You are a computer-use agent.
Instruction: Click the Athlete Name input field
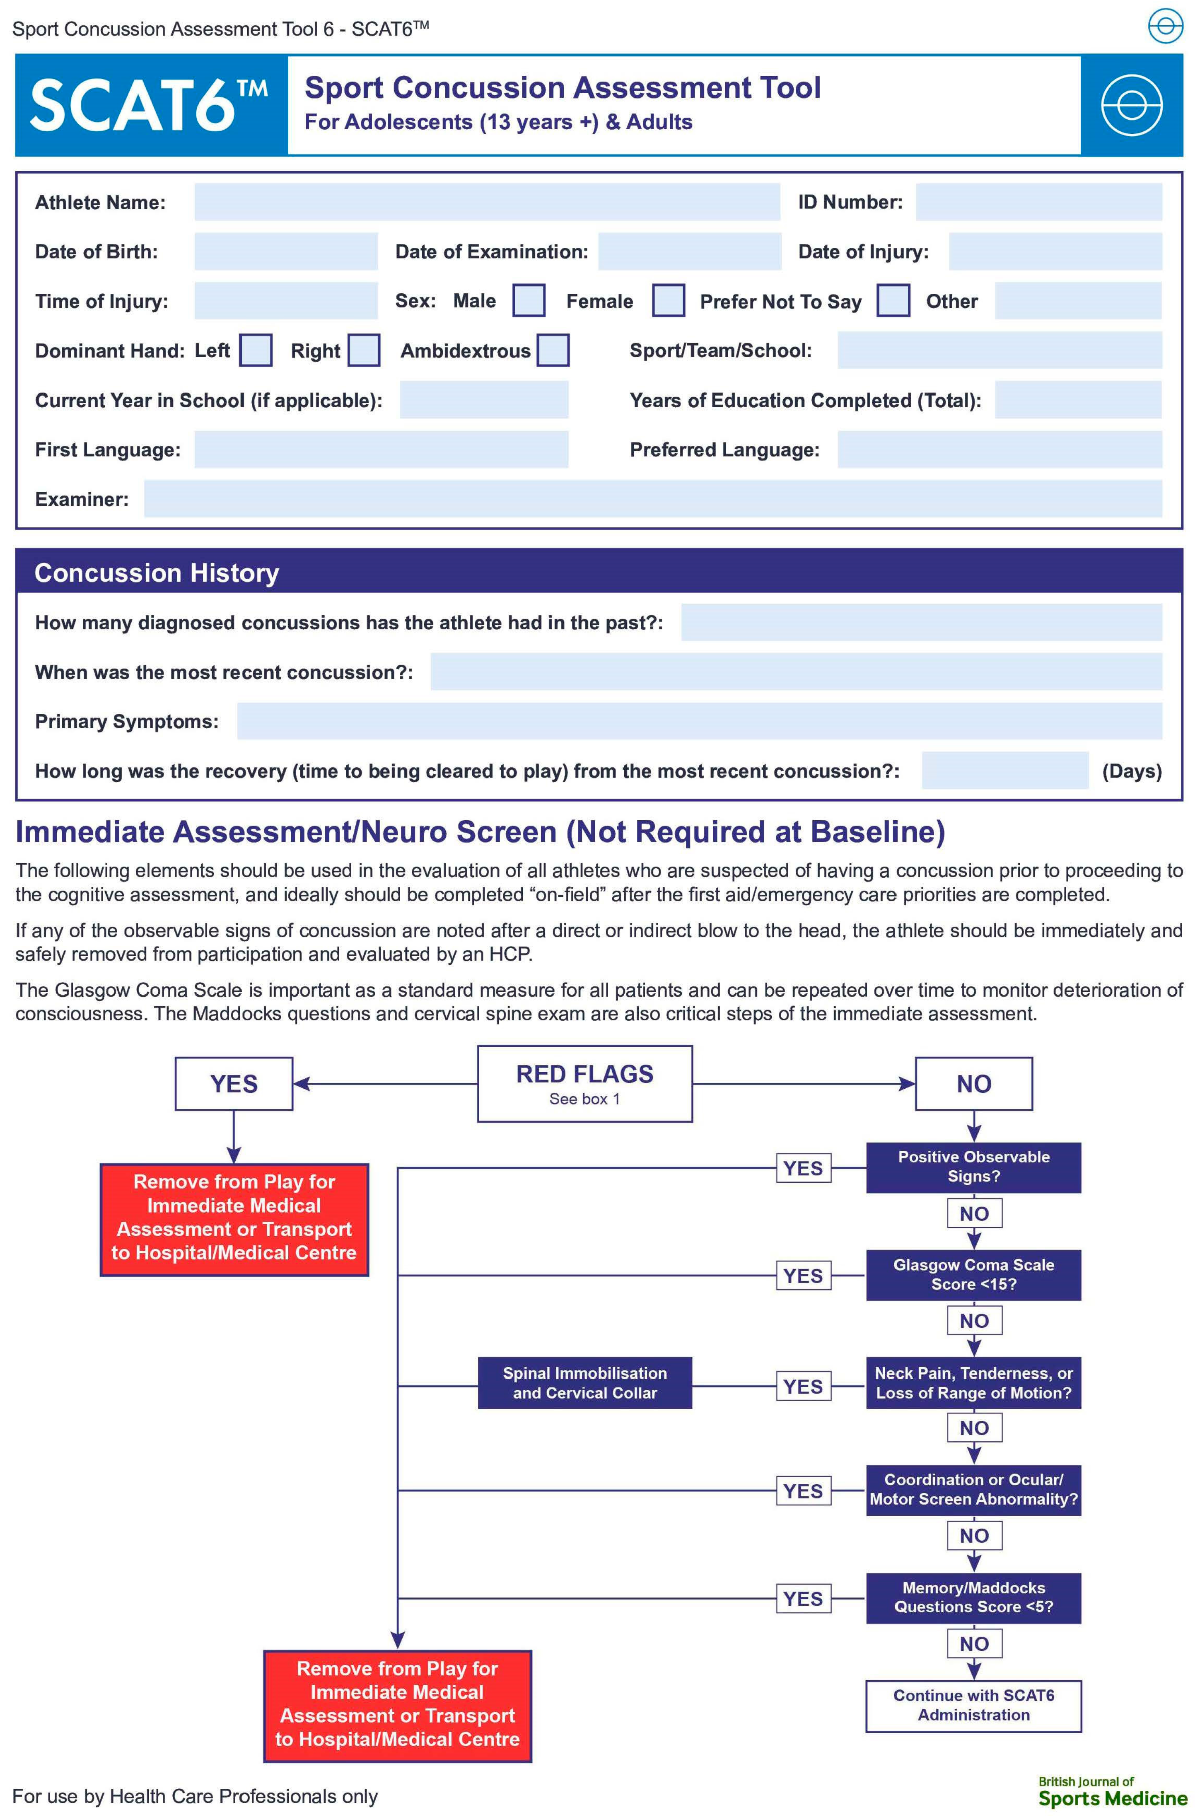[x=487, y=202]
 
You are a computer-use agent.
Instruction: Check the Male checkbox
[x=528, y=301]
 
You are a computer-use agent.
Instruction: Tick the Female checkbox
[x=668, y=301]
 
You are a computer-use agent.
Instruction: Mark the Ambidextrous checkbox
[x=553, y=350]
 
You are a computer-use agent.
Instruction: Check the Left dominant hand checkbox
[x=256, y=350]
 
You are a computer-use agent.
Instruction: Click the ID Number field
[x=1038, y=202]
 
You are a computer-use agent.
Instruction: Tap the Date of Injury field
[x=1055, y=252]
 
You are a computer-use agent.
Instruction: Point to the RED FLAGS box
[x=585, y=1084]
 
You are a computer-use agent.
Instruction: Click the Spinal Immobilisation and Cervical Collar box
[x=585, y=1383]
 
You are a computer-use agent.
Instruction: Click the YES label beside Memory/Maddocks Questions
[x=803, y=1599]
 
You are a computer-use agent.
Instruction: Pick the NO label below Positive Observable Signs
[x=973, y=1214]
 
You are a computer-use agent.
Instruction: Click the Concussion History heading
[x=157, y=573]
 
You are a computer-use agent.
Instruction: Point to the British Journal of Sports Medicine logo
[x=1112, y=1793]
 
